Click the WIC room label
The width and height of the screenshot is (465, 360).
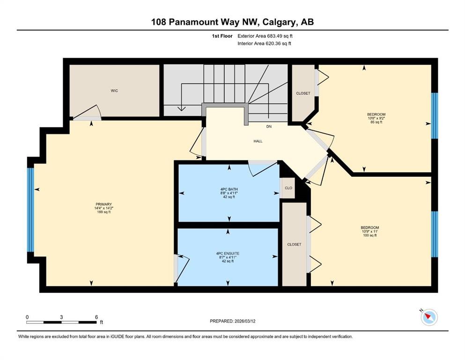tap(114, 90)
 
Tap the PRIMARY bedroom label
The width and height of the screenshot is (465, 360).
tap(103, 204)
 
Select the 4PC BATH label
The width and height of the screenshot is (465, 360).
tap(229, 189)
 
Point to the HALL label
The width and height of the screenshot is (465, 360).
tap(258, 141)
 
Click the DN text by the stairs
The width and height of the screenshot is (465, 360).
tap(269, 127)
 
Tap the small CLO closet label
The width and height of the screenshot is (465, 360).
tap(288, 188)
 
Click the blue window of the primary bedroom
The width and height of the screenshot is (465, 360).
tap(30, 210)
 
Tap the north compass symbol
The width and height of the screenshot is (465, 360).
tap(429, 317)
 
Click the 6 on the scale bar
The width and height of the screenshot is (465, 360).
tap(96, 317)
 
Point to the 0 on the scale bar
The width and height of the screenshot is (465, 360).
tap(27, 317)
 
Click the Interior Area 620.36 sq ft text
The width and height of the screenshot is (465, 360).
tap(265, 44)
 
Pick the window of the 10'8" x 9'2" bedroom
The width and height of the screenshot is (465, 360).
tap(434, 115)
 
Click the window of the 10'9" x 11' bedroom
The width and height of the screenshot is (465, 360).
tap(434, 234)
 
